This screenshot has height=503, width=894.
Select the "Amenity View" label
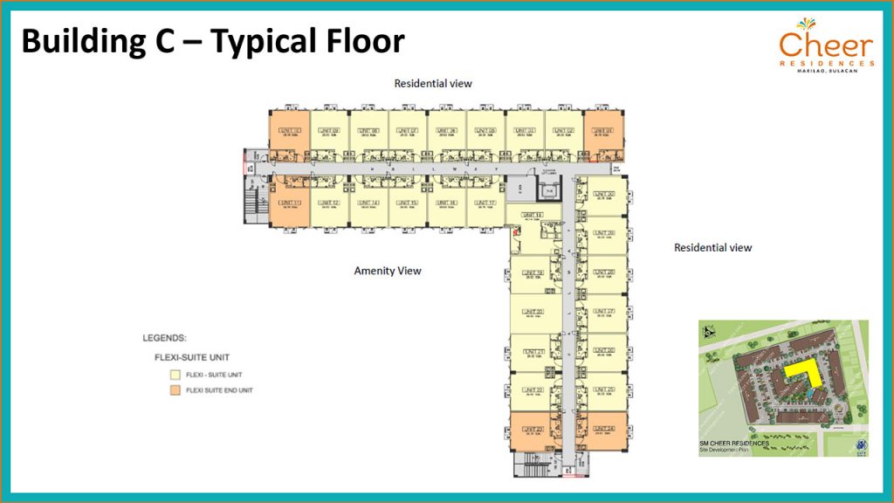(388, 271)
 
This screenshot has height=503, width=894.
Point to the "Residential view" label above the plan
(433, 84)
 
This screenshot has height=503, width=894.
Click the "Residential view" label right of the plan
(712, 248)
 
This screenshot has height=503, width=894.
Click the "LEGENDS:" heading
(165, 337)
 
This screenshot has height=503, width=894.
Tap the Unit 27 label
(604, 311)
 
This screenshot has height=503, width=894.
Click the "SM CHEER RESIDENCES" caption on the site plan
(733, 443)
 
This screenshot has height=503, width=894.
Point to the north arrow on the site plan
(709, 332)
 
